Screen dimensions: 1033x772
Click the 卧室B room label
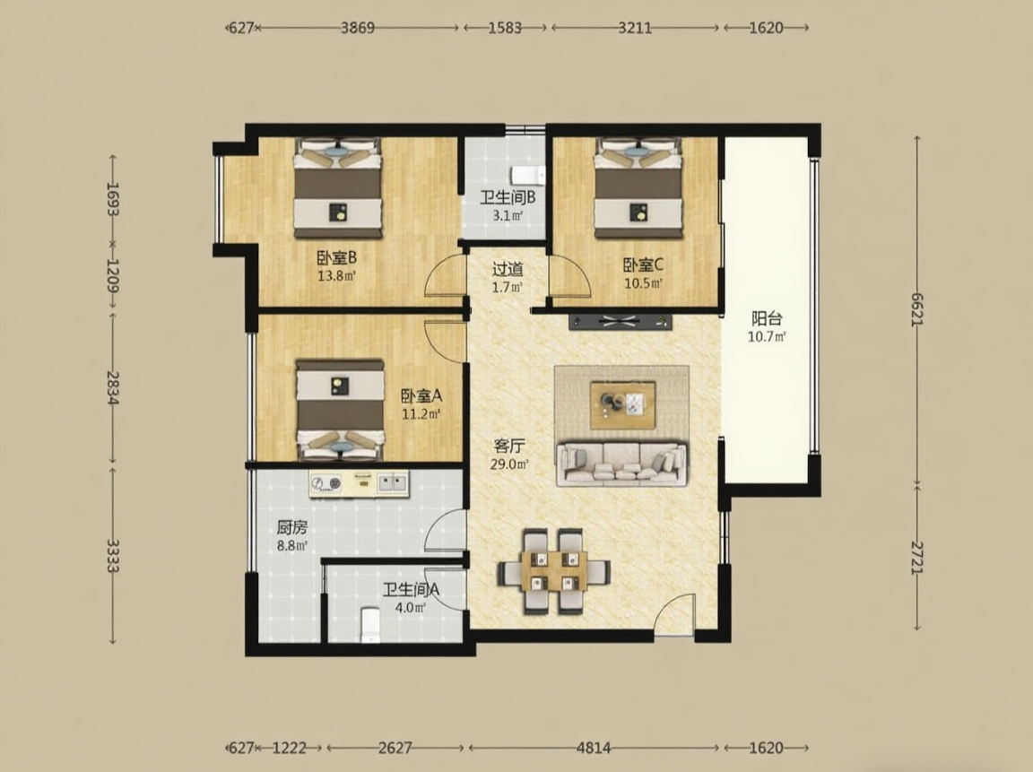[x=336, y=257]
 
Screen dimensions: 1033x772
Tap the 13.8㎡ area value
[x=336, y=276]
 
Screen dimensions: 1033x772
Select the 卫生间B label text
[x=508, y=197]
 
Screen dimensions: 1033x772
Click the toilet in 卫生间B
[x=527, y=176]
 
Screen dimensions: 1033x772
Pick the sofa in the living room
[x=622, y=464]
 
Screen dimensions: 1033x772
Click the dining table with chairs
[x=553, y=571]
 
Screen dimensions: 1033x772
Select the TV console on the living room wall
[x=620, y=322]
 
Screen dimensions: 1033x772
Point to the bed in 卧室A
[x=340, y=410]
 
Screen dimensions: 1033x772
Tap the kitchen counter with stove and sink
[x=359, y=483]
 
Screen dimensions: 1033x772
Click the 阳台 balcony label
[x=767, y=319]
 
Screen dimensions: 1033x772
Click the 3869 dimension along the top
[x=358, y=28]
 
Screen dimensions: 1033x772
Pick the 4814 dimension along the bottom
[x=594, y=748]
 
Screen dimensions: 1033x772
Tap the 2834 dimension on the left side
[x=113, y=386]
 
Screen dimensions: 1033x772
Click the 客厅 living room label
[x=509, y=446]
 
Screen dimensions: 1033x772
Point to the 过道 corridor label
[x=508, y=269]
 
